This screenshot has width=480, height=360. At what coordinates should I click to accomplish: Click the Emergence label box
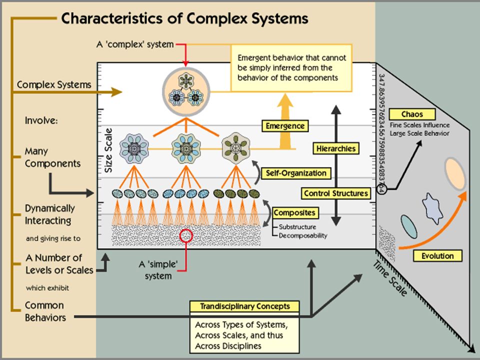coord(285,126)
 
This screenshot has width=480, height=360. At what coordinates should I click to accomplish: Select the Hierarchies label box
coord(336,149)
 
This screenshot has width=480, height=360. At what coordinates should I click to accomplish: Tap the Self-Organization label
coord(296,173)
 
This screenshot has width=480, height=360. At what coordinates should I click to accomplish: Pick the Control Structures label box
coord(336,193)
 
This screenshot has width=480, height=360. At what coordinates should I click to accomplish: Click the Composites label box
coord(294,213)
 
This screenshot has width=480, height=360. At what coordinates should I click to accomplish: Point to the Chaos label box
coord(412,114)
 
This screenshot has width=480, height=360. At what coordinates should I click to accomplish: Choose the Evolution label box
coord(437,256)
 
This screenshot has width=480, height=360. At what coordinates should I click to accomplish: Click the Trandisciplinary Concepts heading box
coord(244,306)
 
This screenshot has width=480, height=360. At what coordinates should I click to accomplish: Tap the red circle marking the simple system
coord(186,235)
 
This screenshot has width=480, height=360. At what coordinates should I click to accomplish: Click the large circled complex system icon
coord(186,92)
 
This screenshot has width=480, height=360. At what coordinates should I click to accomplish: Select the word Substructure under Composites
coord(297,227)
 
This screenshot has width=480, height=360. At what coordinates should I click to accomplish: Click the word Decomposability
coord(303,235)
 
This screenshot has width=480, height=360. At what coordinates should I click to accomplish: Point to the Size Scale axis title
coord(108,150)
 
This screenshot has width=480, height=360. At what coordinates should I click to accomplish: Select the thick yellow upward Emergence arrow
coord(285,121)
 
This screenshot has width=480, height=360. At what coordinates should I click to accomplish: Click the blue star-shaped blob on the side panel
coord(432,208)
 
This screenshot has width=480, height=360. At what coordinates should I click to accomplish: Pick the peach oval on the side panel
coord(455,173)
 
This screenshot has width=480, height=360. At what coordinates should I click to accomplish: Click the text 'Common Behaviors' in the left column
coord(45,311)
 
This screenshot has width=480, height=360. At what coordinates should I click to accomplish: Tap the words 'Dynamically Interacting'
coord(49,214)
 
